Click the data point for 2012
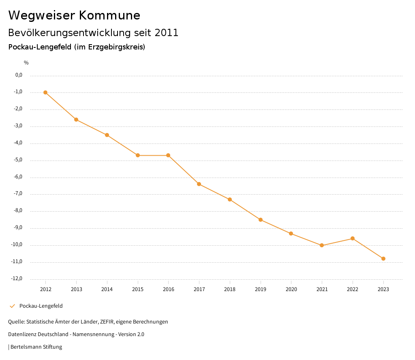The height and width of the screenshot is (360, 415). coord(45,92)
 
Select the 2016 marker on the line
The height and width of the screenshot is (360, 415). coord(168,155)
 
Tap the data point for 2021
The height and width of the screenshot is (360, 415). coord(322,245)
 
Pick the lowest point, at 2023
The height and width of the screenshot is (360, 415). coord(383,259)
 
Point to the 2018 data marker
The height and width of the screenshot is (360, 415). coord(230,199)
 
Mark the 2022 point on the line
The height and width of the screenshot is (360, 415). coord(353,238)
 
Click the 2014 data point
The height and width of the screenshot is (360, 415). coord(107,135)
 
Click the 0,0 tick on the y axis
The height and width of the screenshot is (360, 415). coord(19,75)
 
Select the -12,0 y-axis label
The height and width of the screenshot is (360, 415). coord(17,279)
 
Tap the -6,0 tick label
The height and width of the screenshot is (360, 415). coord(17,177)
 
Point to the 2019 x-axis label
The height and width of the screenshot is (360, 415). coord(260,289)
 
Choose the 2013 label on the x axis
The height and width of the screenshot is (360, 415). coord(76,289)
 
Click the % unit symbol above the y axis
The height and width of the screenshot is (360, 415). coord(26,63)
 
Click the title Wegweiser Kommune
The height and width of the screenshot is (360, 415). coord(74,15)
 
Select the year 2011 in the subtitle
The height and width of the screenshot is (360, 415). coord(166,33)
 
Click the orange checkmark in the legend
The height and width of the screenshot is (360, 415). coord(12,306)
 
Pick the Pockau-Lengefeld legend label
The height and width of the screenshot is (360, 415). coord(41,306)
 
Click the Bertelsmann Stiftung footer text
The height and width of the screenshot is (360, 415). coord(36,347)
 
